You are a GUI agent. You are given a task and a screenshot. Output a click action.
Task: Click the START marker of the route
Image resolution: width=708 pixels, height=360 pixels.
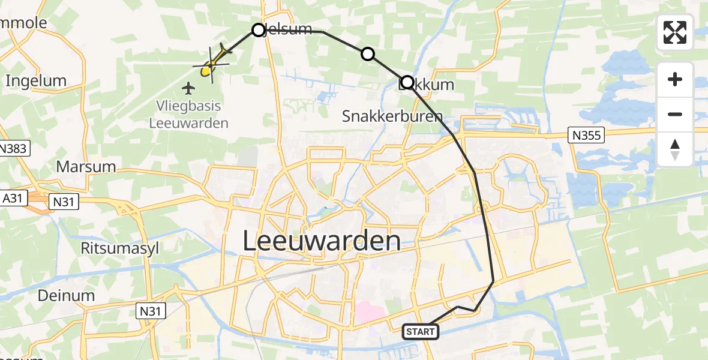click(x=421, y=331)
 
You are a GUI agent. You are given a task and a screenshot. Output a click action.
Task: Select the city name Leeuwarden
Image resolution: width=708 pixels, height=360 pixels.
click(x=322, y=241)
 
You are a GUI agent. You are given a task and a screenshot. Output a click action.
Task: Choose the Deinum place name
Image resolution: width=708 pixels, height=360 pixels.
click(x=58, y=295)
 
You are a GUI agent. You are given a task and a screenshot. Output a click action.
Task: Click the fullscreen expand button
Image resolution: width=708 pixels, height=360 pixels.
click(x=675, y=32)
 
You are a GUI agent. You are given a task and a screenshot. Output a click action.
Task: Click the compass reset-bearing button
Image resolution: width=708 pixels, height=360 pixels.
click(x=675, y=149)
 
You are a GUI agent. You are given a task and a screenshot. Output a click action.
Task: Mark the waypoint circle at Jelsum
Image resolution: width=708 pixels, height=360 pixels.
click(x=259, y=30)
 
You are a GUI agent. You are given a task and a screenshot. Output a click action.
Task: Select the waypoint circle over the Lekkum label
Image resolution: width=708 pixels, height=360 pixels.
click(x=407, y=82)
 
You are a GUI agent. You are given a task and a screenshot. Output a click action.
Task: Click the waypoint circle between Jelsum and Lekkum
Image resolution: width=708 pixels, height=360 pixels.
click(x=368, y=55)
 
